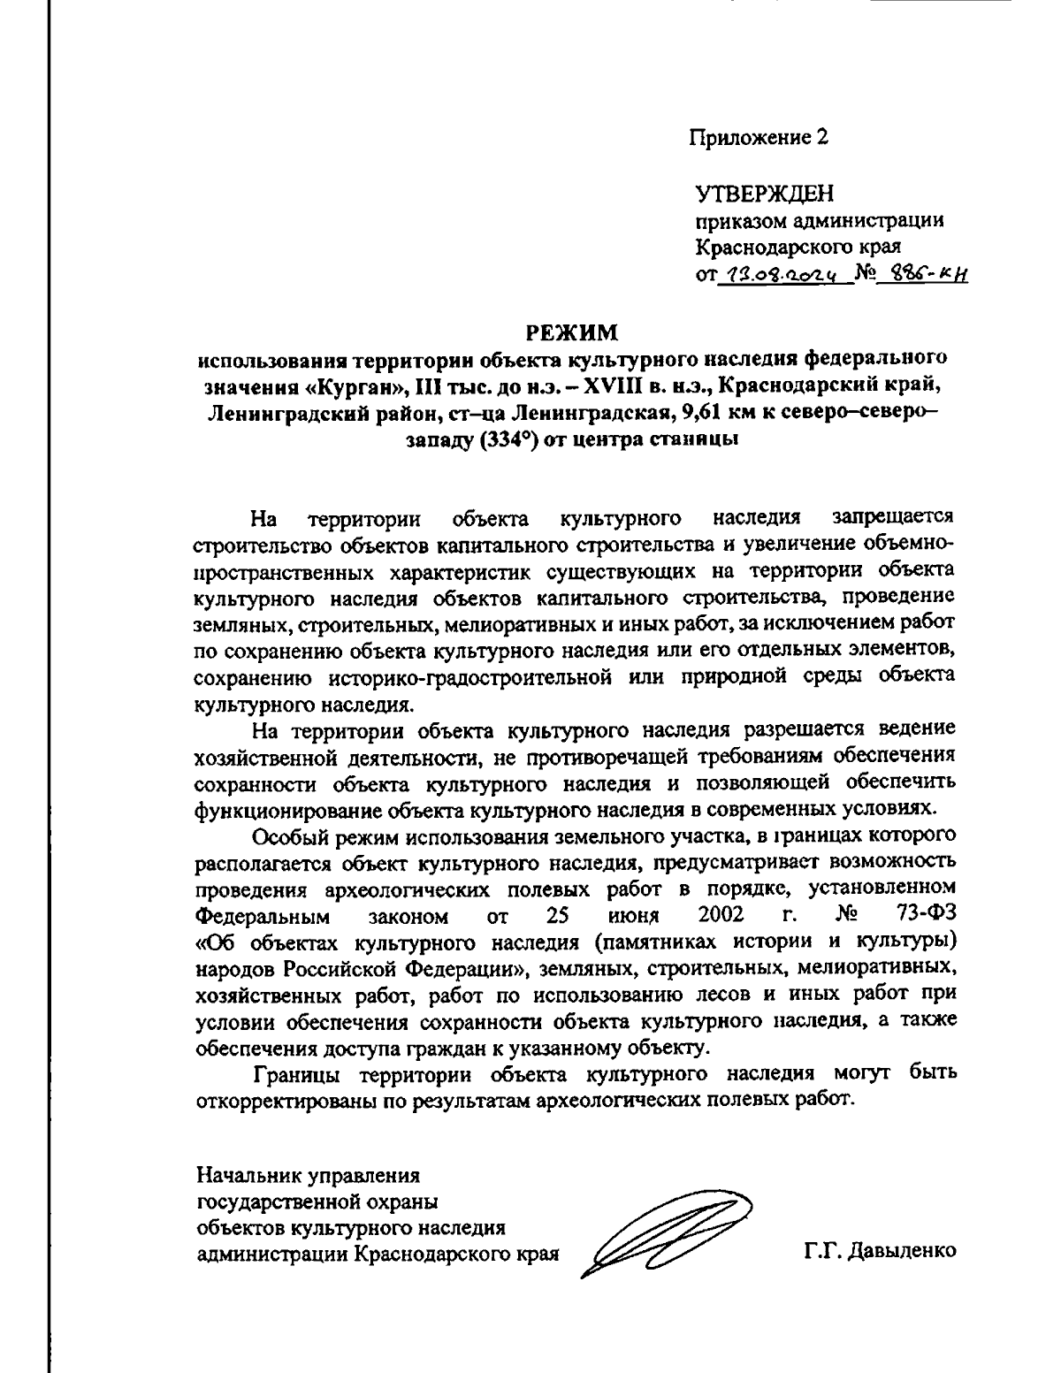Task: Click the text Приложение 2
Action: pyautogui.click(x=759, y=137)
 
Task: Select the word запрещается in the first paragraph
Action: pyautogui.click(x=893, y=515)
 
